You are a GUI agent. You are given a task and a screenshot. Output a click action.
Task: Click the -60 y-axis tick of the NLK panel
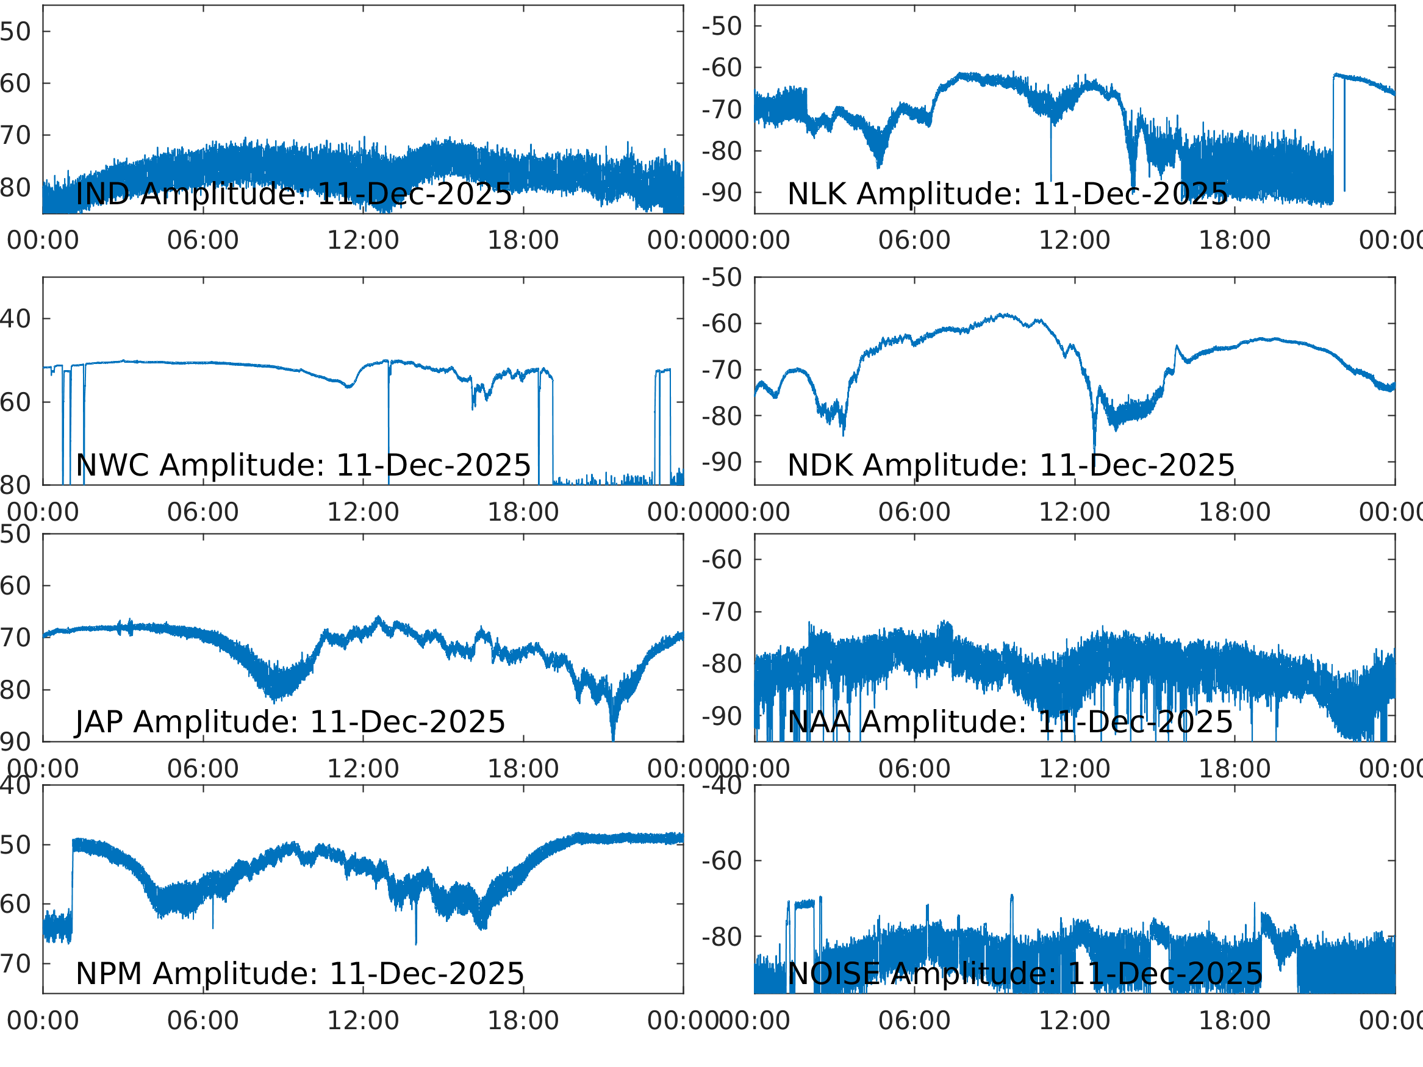[x=722, y=68]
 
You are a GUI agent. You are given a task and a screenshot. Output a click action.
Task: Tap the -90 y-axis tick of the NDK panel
[x=722, y=462]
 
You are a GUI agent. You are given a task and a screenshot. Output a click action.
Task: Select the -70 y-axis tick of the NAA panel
[x=722, y=612]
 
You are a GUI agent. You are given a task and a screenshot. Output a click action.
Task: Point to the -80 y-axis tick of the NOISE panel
[x=722, y=937]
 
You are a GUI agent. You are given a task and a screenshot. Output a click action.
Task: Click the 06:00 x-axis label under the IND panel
[x=203, y=241]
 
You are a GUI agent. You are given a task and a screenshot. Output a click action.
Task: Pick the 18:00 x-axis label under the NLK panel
[x=1234, y=241]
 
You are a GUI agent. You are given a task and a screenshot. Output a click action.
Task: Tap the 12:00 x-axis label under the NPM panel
[x=363, y=1021]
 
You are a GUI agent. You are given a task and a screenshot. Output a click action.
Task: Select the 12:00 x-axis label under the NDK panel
[x=1074, y=512]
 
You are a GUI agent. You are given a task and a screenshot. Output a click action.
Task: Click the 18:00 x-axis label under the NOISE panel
[x=1234, y=1021]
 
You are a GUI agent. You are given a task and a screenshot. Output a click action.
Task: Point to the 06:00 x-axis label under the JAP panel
[x=203, y=769]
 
